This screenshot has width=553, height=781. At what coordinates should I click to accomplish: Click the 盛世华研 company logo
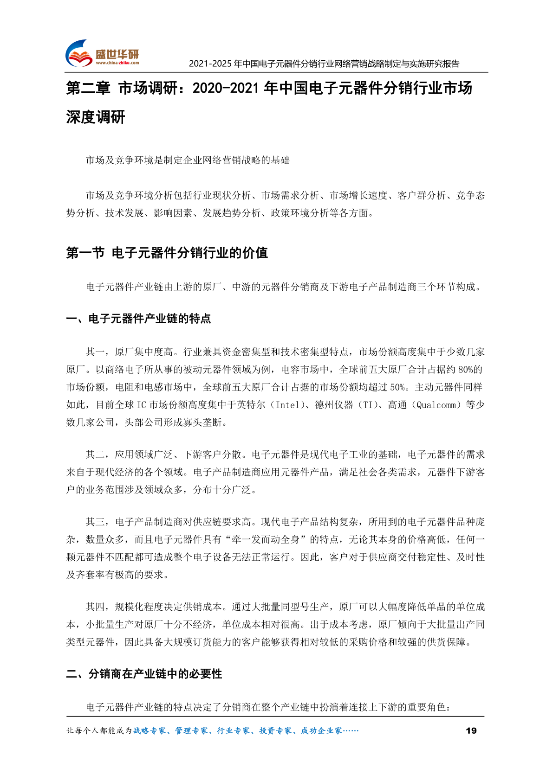[102, 53]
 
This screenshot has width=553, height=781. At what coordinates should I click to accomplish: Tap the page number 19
[471, 731]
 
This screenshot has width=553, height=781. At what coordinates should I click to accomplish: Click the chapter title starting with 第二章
[269, 88]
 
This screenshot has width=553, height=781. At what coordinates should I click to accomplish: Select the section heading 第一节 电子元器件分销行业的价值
[167, 253]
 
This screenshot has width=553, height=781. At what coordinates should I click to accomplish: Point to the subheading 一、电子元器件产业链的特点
[138, 319]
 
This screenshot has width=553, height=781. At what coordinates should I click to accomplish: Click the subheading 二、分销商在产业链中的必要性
[144, 673]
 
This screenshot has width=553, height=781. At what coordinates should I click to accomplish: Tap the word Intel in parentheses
[288, 405]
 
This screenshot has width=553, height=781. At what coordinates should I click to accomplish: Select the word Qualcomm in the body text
[436, 405]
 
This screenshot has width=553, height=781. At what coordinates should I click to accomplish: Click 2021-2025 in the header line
[210, 64]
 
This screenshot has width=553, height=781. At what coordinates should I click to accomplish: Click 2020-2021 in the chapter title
[225, 88]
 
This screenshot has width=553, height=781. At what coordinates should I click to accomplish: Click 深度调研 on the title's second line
[96, 117]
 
